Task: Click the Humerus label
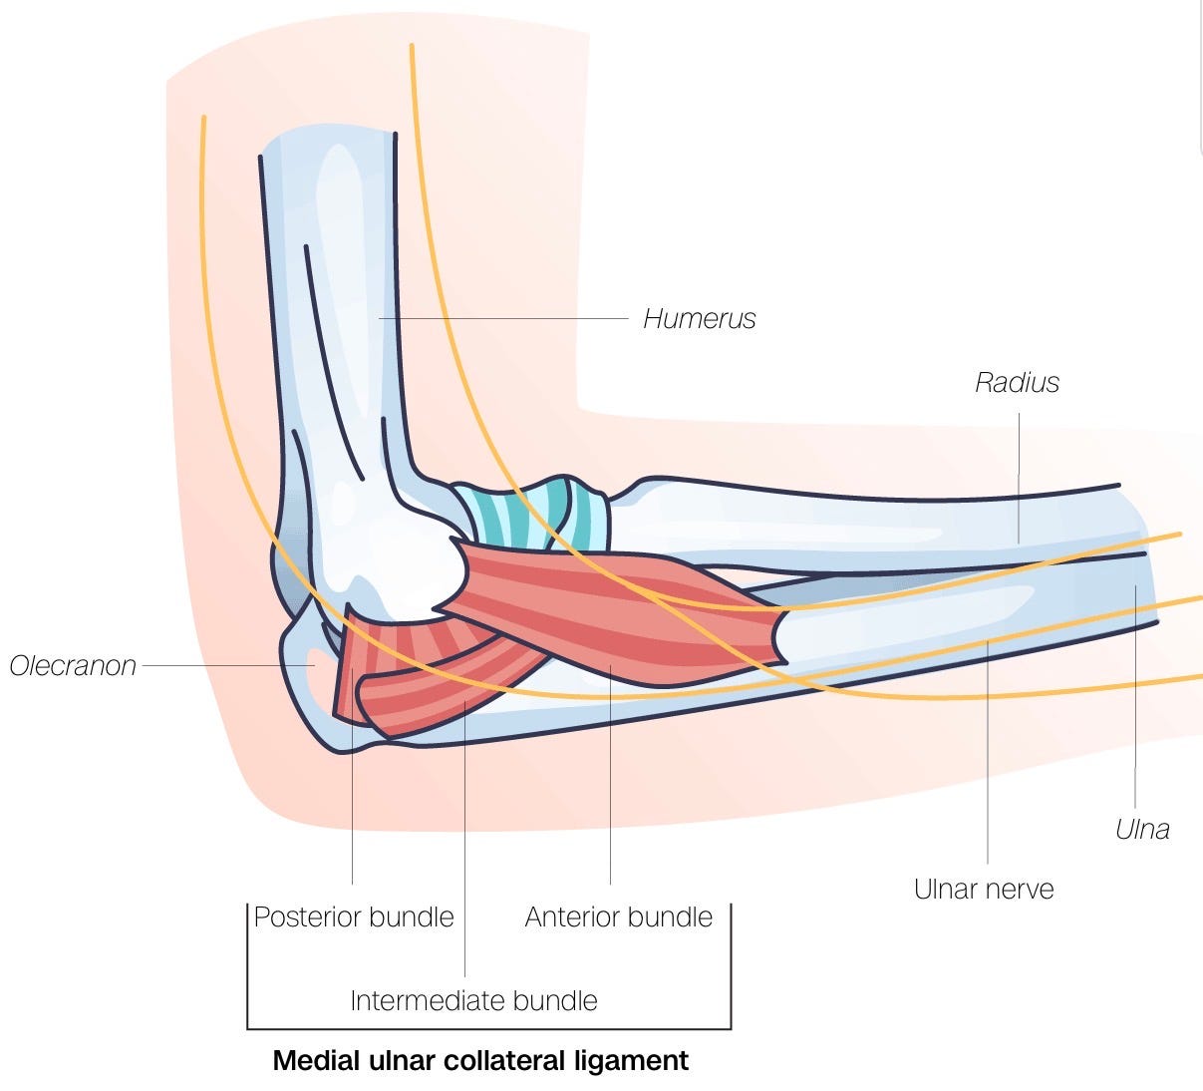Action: (x=699, y=319)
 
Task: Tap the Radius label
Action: (x=1017, y=382)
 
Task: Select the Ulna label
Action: (x=1142, y=829)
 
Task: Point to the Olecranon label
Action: (x=73, y=665)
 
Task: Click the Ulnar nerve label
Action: (x=983, y=889)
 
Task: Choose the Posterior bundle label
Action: (x=354, y=916)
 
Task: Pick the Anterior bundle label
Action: (x=618, y=916)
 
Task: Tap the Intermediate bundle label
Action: (x=473, y=1000)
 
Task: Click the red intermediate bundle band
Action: (x=449, y=688)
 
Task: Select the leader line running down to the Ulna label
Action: (x=1135, y=698)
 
